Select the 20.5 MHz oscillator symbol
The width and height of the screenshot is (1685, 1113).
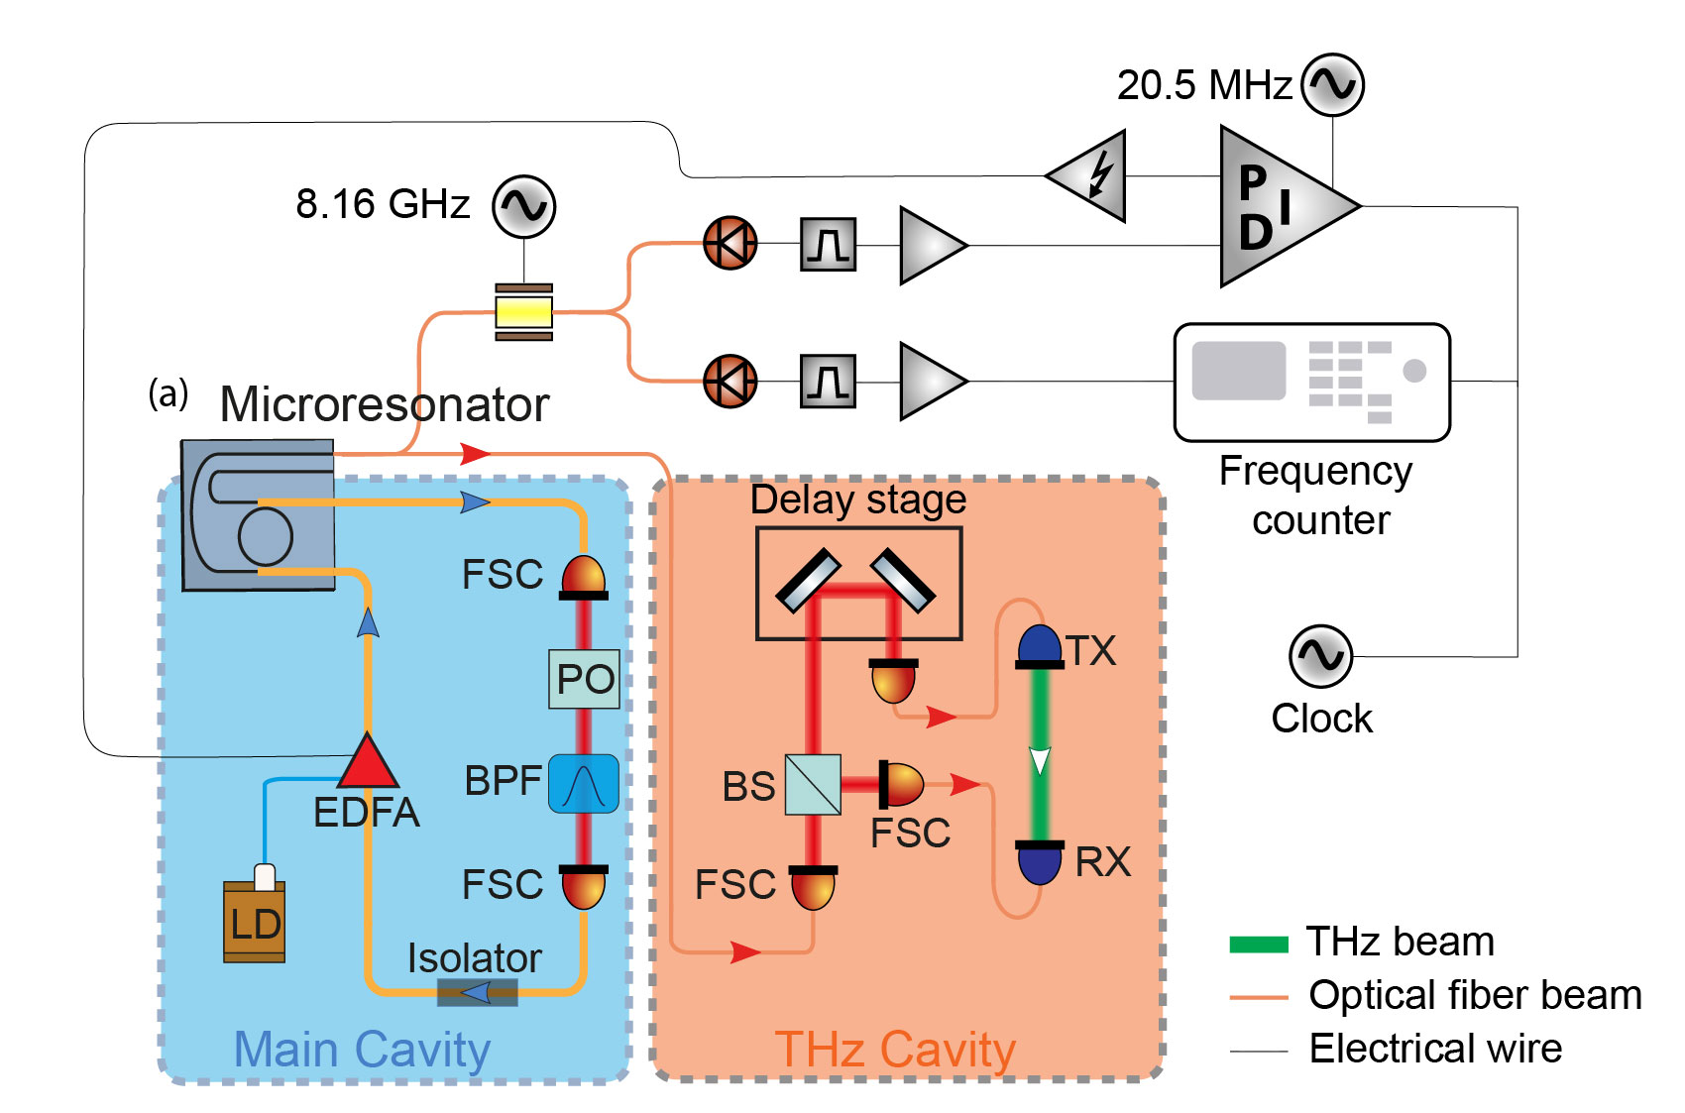(x=1333, y=84)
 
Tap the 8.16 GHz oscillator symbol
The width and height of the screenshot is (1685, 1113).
(x=523, y=206)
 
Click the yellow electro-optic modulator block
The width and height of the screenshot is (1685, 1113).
(x=523, y=312)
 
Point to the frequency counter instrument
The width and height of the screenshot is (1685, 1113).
(x=1312, y=382)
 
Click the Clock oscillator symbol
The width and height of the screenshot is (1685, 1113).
(x=1320, y=656)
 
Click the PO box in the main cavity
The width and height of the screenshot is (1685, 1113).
(x=585, y=679)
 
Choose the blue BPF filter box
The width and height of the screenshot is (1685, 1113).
(x=584, y=784)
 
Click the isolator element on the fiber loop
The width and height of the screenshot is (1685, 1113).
(x=478, y=993)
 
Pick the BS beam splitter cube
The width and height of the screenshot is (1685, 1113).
(x=813, y=785)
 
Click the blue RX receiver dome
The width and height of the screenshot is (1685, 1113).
(x=1040, y=862)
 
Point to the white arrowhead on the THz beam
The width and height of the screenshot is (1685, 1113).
(x=1040, y=760)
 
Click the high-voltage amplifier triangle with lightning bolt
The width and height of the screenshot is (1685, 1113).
(x=1087, y=176)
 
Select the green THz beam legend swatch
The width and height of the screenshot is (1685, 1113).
(x=1259, y=944)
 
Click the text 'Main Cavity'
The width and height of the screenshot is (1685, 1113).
(x=362, y=1050)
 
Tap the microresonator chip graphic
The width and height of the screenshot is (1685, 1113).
(x=258, y=515)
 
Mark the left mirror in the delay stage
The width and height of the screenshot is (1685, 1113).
(x=808, y=580)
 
